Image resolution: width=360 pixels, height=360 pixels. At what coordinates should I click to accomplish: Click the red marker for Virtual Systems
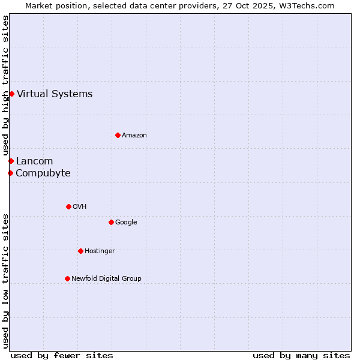click(11, 94)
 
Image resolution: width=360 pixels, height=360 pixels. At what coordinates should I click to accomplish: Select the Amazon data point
click(118, 135)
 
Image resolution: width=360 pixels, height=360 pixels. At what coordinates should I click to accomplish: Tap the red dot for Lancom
click(11, 161)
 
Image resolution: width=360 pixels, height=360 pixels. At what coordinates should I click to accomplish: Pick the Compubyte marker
click(10, 173)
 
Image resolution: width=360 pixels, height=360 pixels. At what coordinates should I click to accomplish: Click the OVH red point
click(68, 206)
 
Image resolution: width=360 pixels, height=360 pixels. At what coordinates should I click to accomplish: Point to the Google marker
click(111, 222)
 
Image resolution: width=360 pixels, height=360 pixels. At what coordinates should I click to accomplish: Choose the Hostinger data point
click(80, 251)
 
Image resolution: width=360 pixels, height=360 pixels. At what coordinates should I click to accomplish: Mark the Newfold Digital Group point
click(67, 278)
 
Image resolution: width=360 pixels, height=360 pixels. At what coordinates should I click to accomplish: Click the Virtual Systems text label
click(55, 94)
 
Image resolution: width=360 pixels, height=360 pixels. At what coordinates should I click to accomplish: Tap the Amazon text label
click(134, 136)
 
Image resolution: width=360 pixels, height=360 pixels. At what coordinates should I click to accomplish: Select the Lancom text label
click(34, 161)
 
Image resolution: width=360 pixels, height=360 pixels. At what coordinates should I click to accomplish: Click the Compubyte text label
click(43, 173)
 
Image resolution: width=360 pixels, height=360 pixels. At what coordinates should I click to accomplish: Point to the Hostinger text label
click(100, 251)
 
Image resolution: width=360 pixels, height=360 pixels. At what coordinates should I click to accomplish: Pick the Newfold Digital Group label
click(106, 278)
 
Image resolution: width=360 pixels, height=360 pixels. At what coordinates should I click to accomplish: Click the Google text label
click(126, 222)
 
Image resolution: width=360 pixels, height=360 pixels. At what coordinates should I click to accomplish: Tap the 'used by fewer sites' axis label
click(62, 356)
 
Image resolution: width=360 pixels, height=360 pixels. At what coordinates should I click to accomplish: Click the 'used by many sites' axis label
click(301, 356)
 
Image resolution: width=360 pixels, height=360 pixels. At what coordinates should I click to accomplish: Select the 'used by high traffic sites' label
click(5, 85)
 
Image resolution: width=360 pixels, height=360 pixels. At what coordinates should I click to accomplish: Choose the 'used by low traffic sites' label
click(5, 281)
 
